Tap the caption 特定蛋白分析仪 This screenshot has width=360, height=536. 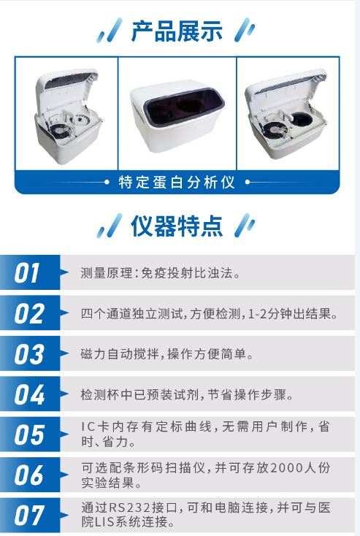[177, 182]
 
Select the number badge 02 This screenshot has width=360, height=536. [29, 314]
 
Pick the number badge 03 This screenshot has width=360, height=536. [29, 355]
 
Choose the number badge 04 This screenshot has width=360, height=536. [29, 395]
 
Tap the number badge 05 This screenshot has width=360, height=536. [29, 435]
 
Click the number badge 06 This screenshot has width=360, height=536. [29, 475]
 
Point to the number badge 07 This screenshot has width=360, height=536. [29, 516]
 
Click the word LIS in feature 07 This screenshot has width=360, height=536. [102, 523]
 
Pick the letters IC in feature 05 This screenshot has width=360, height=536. [87, 427]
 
